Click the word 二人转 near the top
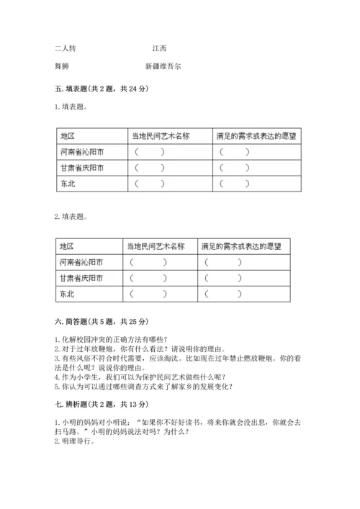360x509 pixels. click(65, 49)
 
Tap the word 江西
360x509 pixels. click(159, 49)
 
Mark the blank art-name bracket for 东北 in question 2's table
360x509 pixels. click(148, 295)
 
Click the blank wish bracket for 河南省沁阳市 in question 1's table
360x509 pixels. click(235, 152)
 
